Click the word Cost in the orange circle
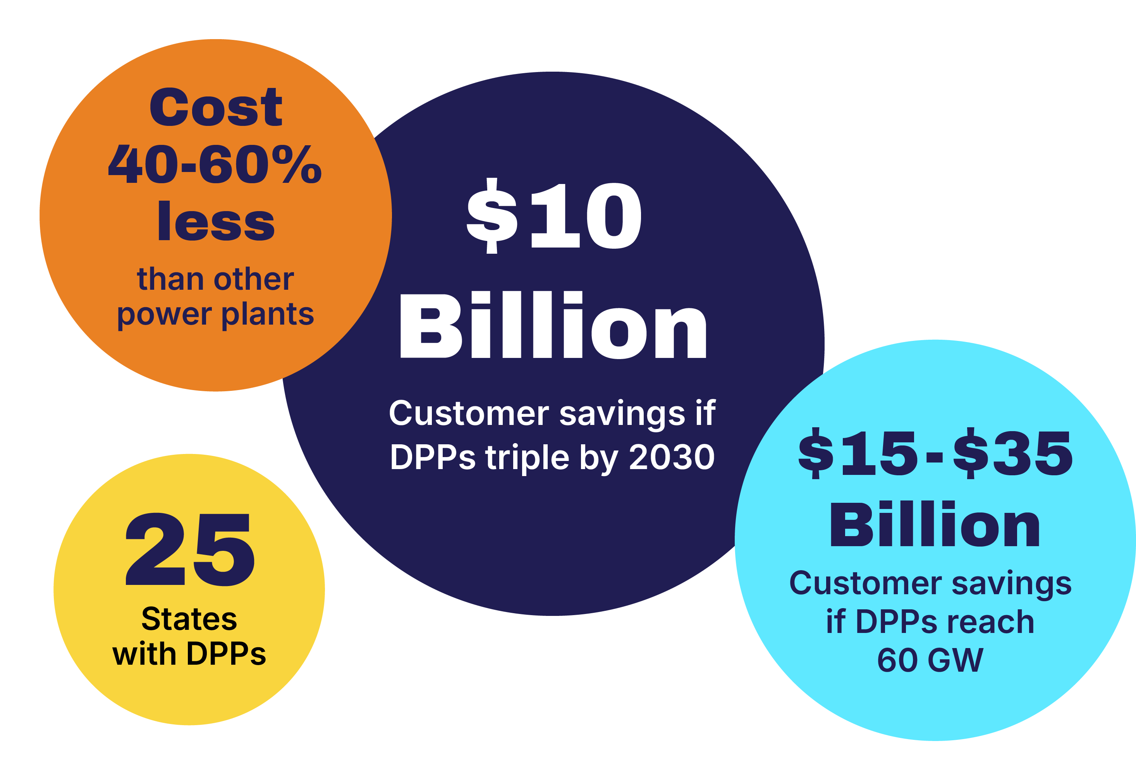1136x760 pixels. pos(216,107)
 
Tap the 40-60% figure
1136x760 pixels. pos(215,164)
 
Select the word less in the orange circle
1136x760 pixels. pos(216,221)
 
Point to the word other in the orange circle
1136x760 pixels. pos(254,279)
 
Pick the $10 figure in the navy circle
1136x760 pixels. pos(553,216)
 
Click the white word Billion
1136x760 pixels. pos(553,325)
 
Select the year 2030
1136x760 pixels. pos(672,457)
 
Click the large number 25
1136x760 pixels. pos(190,549)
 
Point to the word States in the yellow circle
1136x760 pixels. pos(189,619)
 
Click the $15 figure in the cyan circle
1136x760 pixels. pos(858,453)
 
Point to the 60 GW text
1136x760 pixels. pos(930,660)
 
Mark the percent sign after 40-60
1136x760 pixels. pos(297,164)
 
